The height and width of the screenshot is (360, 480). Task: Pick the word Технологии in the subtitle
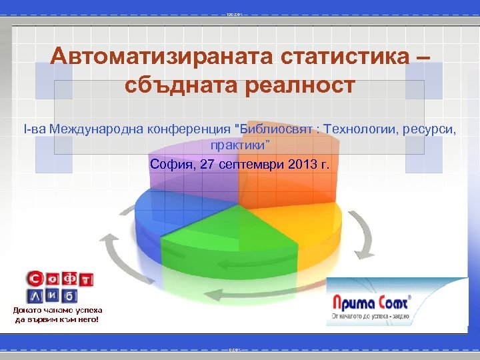point(359,128)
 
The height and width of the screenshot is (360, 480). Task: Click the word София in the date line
point(171,164)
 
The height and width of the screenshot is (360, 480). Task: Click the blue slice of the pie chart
point(170,207)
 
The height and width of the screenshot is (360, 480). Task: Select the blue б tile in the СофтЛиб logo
point(71,295)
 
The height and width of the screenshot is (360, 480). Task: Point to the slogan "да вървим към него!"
point(57,319)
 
